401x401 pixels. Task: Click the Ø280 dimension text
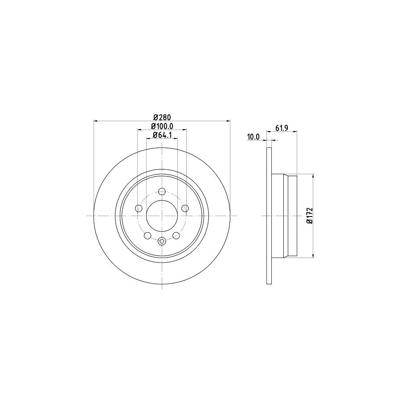[162, 117]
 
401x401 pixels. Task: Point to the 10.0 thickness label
[254, 137]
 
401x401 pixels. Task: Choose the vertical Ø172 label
[308, 216]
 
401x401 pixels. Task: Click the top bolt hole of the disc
[162, 192]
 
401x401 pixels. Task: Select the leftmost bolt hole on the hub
[139, 209]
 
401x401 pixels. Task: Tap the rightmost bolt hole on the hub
[185, 209]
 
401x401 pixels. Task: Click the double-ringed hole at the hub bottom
[162, 241]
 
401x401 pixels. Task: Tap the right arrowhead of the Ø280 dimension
[229, 121]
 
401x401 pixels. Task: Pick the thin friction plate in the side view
[269, 216]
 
